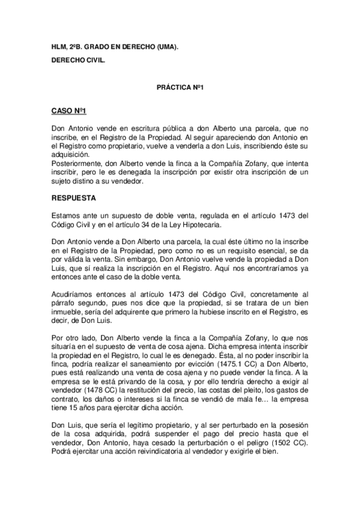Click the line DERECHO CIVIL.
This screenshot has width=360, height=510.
pyautogui.click(x=75, y=61)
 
